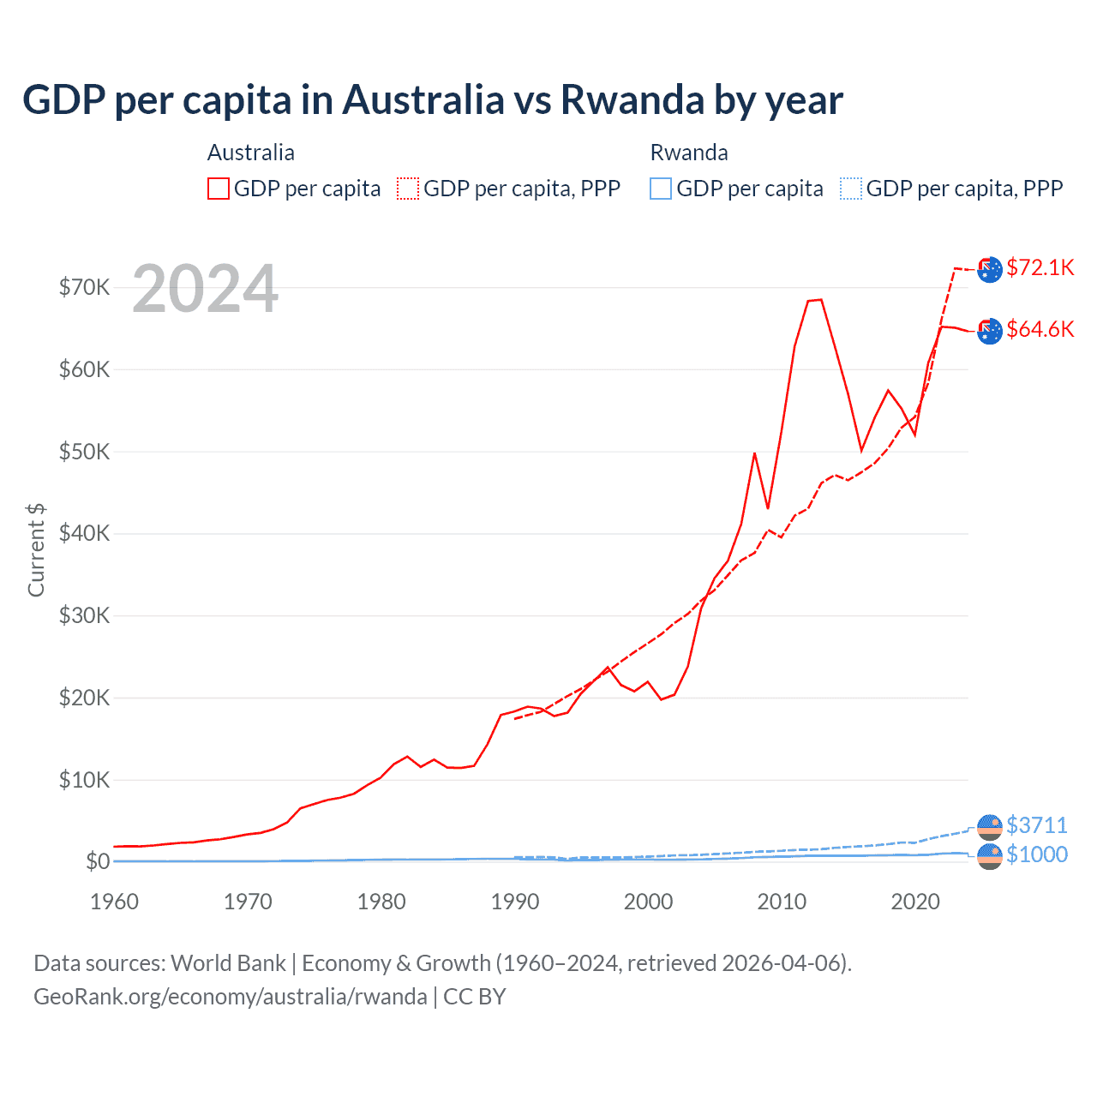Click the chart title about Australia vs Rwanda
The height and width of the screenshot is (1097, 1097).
433,99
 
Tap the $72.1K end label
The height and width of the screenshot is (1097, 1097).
1040,267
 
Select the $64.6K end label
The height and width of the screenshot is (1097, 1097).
1040,329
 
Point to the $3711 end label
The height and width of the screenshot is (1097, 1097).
1036,825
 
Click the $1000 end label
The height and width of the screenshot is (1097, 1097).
1036,854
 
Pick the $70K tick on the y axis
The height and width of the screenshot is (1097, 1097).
84,287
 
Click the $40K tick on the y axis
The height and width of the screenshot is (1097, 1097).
84,533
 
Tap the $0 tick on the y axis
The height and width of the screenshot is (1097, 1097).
98,861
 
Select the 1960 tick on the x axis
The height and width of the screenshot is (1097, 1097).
114,902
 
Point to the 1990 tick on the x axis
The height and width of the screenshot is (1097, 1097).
515,902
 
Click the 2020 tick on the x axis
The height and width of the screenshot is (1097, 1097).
915,902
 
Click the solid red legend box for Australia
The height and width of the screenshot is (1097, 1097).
219,189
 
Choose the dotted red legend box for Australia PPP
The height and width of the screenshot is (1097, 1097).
408,189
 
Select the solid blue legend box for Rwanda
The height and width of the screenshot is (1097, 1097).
661,189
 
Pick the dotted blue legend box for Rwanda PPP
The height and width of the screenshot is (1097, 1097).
851,189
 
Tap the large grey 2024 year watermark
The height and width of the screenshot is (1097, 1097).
206,289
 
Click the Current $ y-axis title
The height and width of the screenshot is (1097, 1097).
36,549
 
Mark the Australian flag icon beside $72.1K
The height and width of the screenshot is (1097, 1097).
990,269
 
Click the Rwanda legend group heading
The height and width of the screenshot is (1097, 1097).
689,153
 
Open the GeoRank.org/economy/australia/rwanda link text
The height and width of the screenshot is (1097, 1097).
230,997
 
